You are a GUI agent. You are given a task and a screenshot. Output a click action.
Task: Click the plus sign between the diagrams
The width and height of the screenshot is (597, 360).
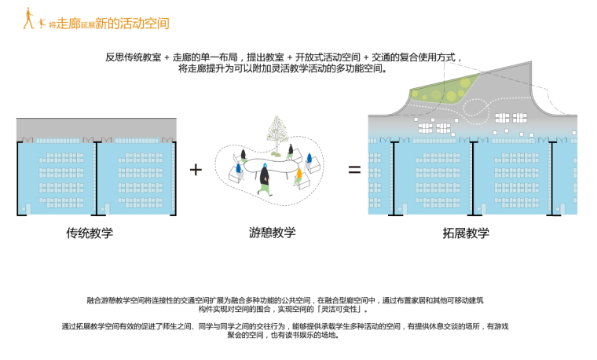(196, 170)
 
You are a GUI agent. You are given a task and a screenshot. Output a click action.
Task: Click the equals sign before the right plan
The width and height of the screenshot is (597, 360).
(354, 170)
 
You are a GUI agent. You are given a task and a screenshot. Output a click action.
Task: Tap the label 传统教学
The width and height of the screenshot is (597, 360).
(90, 233)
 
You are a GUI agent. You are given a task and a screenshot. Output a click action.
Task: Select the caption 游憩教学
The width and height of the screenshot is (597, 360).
(273, 233)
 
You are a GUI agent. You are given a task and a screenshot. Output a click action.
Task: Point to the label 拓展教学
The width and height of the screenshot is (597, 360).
(466, 233)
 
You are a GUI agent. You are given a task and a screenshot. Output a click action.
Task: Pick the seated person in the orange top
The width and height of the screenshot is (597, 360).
(302, 173)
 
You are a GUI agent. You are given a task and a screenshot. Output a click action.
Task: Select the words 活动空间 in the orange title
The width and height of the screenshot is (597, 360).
(143, 23)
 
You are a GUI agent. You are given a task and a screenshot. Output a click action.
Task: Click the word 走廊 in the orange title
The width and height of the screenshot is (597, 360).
(66, 24)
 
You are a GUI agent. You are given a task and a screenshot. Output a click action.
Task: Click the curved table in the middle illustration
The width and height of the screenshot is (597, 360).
(271, 168)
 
